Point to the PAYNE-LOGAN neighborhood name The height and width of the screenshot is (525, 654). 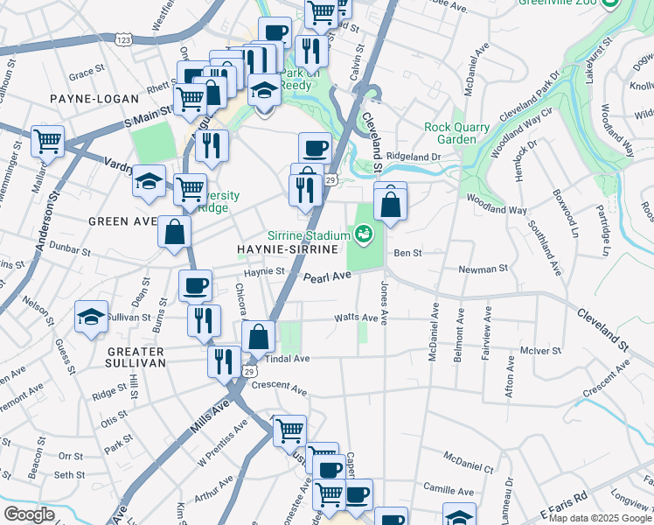coord(84,99)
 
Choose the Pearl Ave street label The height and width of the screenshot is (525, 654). coord(327,276)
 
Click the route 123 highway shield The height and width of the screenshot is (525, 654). coord(123,39)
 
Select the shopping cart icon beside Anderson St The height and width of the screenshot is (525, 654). coord(48,140)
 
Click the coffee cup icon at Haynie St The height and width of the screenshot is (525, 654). coord(195,284)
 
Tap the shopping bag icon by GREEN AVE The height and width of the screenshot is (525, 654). coord(175,232)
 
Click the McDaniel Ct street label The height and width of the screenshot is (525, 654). coord(469,458)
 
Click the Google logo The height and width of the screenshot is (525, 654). coord(29,514)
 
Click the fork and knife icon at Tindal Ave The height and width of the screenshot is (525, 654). coord(224,360)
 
